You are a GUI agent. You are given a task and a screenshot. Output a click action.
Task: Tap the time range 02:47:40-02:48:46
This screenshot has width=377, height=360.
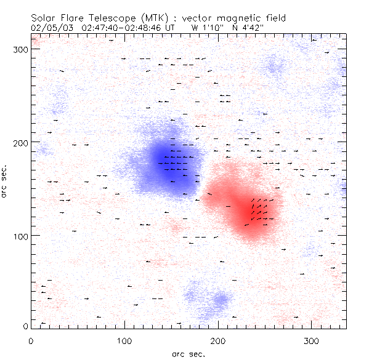point(123,28)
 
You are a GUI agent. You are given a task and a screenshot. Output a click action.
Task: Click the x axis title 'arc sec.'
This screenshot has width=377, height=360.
point(188,353)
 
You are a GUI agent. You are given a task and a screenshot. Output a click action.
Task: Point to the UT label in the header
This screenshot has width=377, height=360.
point(170,28)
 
